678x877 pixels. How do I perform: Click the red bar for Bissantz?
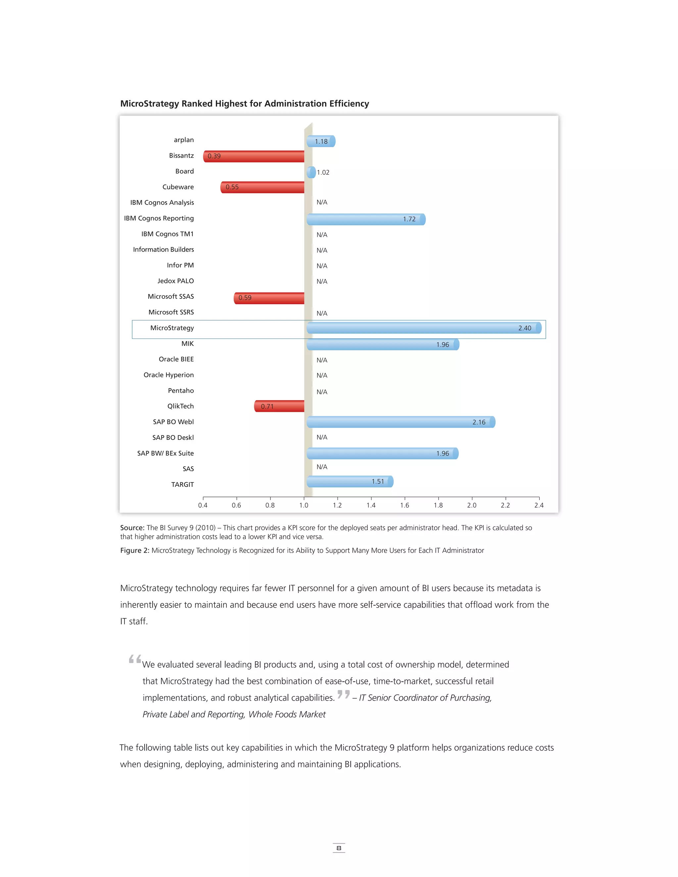tap(254, 156)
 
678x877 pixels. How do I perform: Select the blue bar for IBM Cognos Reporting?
tap(365, 219)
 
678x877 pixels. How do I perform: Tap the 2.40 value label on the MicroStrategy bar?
tap(525, 328)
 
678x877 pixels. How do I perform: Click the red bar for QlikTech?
tap(279, 406)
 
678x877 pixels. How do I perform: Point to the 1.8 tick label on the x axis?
tap(438, 505)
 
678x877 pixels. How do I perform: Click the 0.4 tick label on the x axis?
tap(203, 505)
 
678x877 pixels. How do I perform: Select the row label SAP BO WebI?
tap(173, 422)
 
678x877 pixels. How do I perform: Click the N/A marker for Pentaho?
tap(322, 392)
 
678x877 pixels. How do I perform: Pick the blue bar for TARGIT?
tap(350, 482)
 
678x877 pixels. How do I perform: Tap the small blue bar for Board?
tap(311, 172)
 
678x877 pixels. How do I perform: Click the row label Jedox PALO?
tap(175, 281)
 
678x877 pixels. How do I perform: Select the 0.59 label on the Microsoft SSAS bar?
tap(245, 298)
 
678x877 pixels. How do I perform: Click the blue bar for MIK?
tap(382, 345)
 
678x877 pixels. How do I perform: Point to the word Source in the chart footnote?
tap(132, 528)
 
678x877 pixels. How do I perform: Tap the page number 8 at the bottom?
tap(339, 848)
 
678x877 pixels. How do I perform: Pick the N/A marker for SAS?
tap(322, 467)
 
